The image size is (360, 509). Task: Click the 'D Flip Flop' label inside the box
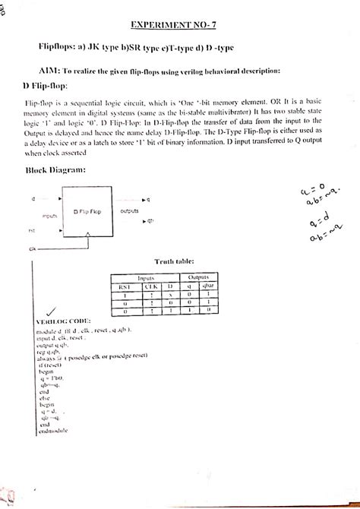[x=87, y=210]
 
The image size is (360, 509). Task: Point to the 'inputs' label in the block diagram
[x=50, y=216]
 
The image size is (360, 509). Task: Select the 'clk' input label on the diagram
[x=33, y=248]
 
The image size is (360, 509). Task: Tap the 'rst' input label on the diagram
[x=33, y=229]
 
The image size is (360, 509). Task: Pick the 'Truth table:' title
[x=175, y=261]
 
